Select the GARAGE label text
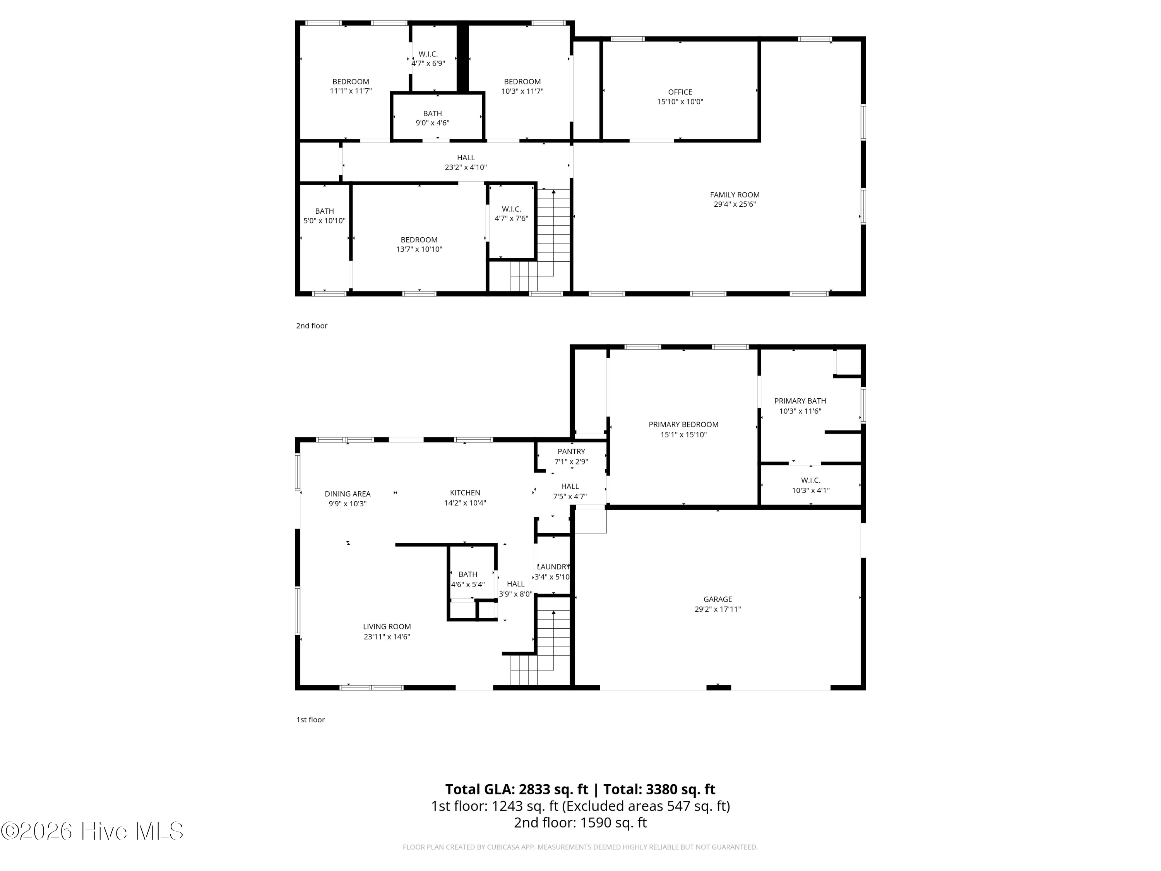click(x=717, y=599)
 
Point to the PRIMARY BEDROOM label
click(x=683, y=424)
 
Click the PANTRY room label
click(x=571, y=451)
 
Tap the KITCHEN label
click(x=465, y=492)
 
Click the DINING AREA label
click(x=348, y=494)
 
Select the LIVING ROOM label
click(x=387, y=626)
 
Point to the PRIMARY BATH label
click(x=800, y=401)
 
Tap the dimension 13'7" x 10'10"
click(x=419, y=249)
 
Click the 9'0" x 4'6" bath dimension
click(x=433, y=123)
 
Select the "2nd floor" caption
click(x=312, y=326)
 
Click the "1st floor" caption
click(x=311, y=720)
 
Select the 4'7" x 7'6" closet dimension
click(x=511, y=218)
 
